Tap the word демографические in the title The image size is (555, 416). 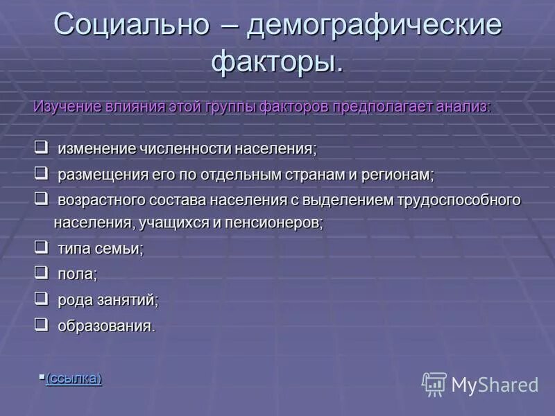(375, 26)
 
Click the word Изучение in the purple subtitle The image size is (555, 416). (66, 107)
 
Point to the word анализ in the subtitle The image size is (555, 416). (465, 107)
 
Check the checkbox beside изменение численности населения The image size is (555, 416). (40, 147)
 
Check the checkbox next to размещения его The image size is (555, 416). (40, 173)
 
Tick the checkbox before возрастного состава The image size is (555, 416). (40, 198)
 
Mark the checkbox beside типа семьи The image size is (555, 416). (40, 247)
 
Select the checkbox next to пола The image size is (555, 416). (40, 272)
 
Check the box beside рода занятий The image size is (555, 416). (40, 298)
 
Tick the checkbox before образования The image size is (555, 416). (40, 324)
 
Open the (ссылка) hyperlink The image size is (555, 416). (74, 379)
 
